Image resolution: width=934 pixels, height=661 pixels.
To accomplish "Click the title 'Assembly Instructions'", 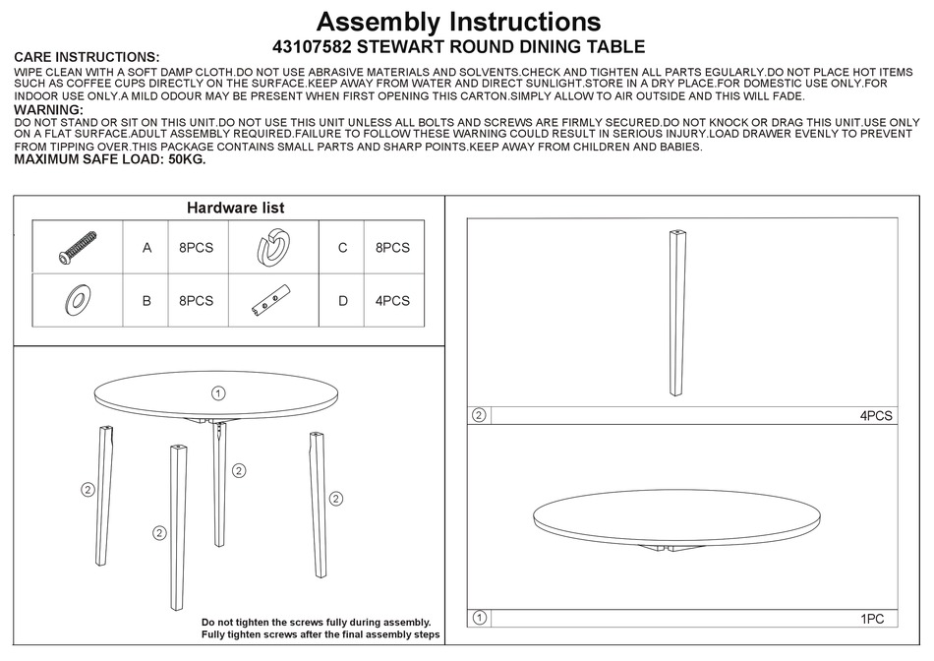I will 458,21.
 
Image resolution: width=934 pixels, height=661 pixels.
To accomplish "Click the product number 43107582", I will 312,46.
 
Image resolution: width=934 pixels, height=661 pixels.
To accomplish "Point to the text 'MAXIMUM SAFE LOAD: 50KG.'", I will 110,159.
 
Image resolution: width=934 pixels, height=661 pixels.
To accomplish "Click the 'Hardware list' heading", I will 236,208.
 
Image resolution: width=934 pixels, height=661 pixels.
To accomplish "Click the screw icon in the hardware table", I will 77,247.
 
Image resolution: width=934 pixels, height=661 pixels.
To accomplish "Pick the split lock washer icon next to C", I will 272,248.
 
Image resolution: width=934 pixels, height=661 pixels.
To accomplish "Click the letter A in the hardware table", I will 147,248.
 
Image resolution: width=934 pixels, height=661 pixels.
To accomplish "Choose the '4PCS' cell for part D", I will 392,301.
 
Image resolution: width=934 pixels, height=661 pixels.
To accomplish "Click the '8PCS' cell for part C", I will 392,248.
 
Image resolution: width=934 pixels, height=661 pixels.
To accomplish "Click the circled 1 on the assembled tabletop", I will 218,392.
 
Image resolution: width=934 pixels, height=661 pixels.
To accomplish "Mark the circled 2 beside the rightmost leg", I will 335,499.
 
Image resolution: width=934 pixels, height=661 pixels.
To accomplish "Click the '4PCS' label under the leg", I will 875,416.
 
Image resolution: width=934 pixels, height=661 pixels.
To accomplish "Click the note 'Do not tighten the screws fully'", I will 316,622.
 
